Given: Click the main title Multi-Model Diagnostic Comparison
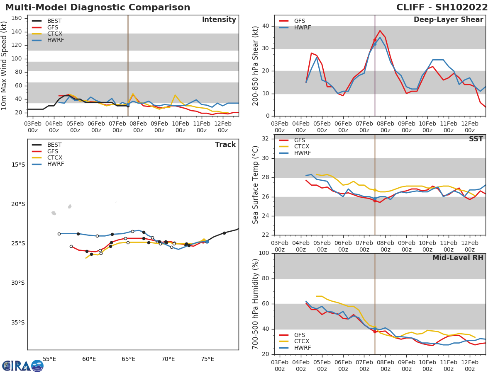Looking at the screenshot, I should pos(98,7).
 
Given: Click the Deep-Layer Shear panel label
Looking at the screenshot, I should pos(448,20).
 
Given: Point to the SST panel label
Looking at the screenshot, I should pos(476,139).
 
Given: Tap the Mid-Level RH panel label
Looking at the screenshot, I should pos(458,258).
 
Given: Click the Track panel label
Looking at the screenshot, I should pos(225,145).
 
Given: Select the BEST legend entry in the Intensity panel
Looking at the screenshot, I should pos(54,21).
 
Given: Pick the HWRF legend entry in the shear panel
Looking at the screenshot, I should pos(302,27).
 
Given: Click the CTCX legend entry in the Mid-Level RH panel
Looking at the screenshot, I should pos(302,342).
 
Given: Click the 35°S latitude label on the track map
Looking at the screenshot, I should pos(18,322).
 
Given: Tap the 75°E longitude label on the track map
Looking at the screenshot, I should pos(207,359).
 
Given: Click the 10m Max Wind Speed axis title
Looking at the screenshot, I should pos(5,65).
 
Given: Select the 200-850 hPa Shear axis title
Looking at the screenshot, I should pos(256,65).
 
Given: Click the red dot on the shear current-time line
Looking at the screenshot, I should pos(375,40).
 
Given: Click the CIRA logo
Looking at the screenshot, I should pos(23,366).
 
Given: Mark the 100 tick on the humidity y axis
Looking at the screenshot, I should pos(264,253).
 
